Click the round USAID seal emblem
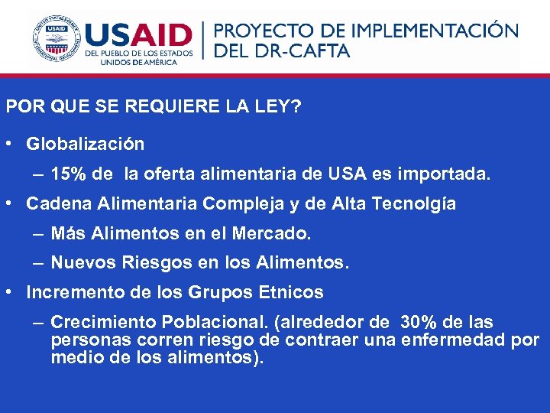57,37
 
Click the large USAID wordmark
138,35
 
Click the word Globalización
85,143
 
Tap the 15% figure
68,174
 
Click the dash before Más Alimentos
37,233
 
